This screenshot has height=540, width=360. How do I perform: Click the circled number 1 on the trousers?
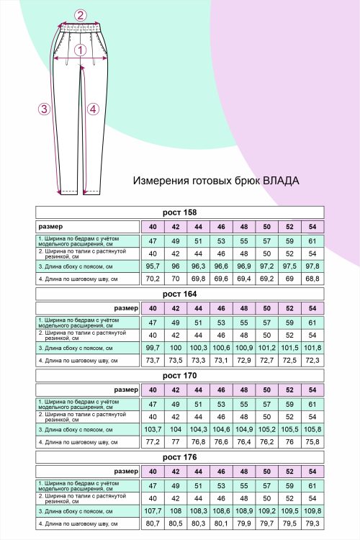tap(81, 50)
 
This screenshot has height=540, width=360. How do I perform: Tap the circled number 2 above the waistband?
tap(81, 15)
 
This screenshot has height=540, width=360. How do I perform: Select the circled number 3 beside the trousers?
tap(44, 109)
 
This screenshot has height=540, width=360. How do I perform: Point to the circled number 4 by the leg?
tap(92, 109)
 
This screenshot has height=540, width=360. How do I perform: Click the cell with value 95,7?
tap(153, 266)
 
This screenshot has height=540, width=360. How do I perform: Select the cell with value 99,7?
tap(153, 347)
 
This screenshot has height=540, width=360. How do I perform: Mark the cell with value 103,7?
tap(153, 428)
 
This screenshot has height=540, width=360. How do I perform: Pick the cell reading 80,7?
tap(153, 522)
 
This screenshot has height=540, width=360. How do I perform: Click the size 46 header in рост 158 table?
tap(221, 227)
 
